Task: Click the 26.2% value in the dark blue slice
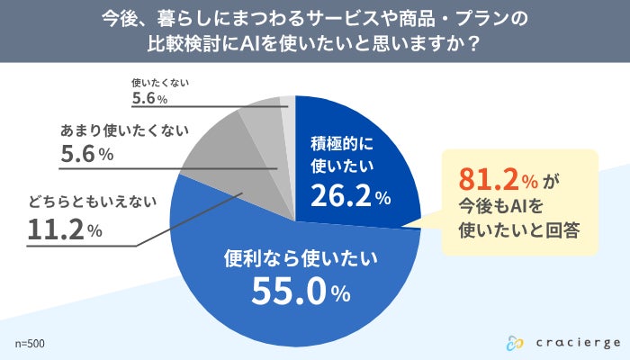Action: tap(350, 195)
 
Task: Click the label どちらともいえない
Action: tap(85, 202)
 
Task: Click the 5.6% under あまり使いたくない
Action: tap(86, 155)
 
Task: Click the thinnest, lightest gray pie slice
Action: tap(287, 108)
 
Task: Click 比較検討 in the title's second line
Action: tap(184, 44)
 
